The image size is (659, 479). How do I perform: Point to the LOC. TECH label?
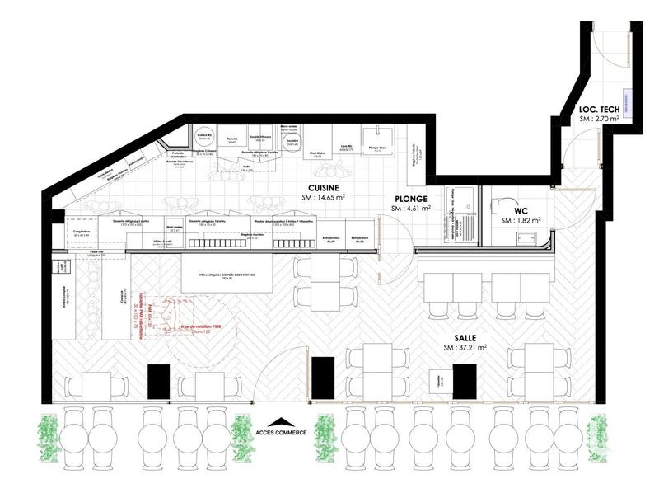(x=599, y=109)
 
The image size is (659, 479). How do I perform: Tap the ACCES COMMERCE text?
(x=282, y=431)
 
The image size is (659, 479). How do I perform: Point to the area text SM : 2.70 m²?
(x=599, y=120)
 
